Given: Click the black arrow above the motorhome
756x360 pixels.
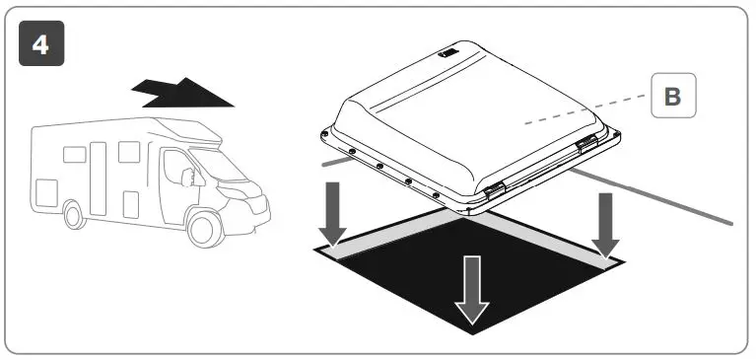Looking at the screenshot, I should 184,94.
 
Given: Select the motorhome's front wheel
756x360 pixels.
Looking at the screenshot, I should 204,228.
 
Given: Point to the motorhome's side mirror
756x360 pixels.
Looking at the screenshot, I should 198,178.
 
